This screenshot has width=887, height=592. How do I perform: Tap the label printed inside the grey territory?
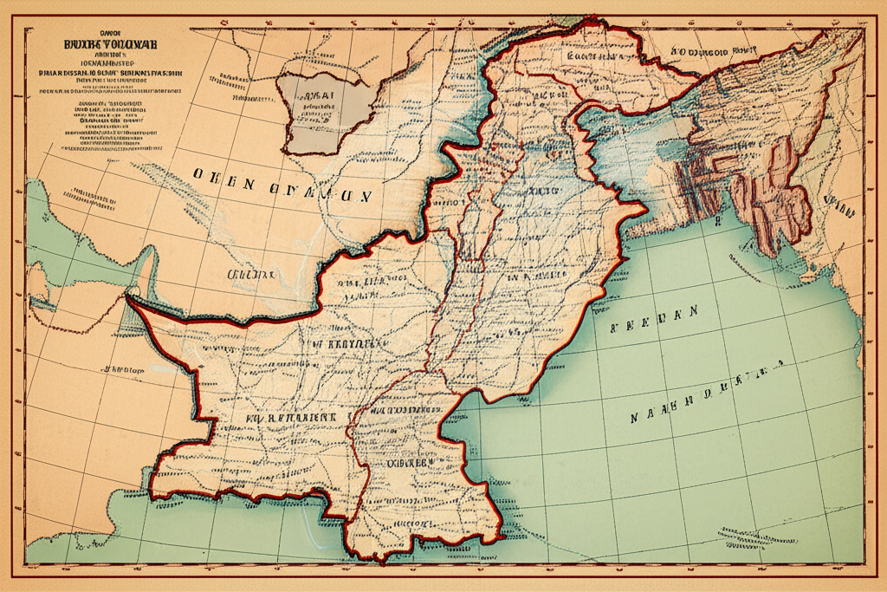pyautogui.click(x=317, y=94)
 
